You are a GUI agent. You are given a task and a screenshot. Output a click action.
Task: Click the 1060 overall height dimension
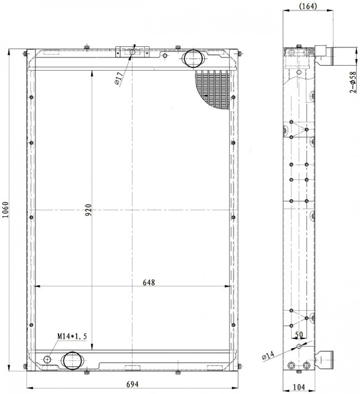(x=6, y=210)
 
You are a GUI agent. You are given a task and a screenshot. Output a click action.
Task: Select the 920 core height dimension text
(x=88, y=210)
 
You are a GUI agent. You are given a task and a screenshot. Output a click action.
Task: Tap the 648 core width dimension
(x=149, y=282)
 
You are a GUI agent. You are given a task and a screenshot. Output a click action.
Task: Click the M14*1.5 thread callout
(x=72, y=336)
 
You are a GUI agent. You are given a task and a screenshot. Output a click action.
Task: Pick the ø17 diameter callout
(x=119, y=78)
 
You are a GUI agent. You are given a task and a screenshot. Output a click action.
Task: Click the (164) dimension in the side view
(x=308, y=6)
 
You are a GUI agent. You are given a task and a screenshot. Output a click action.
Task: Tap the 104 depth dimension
(x=299, y=387)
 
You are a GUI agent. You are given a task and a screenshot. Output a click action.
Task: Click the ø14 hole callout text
(x=268, y=356)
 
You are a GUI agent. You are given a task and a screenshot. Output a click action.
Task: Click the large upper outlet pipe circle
(x=193, y=59)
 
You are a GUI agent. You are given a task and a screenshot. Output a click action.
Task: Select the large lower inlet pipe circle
(x=73, y=361)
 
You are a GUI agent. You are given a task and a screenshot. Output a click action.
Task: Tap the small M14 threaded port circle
(x=47, y=360)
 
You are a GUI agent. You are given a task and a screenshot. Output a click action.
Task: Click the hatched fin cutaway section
(x=213, y=89)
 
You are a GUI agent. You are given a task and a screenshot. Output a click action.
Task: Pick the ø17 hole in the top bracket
(x=132, y=52)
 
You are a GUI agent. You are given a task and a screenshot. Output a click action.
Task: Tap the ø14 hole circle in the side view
(x=299, y=346)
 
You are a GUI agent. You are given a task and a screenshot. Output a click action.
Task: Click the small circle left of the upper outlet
(x=165, y=56)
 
